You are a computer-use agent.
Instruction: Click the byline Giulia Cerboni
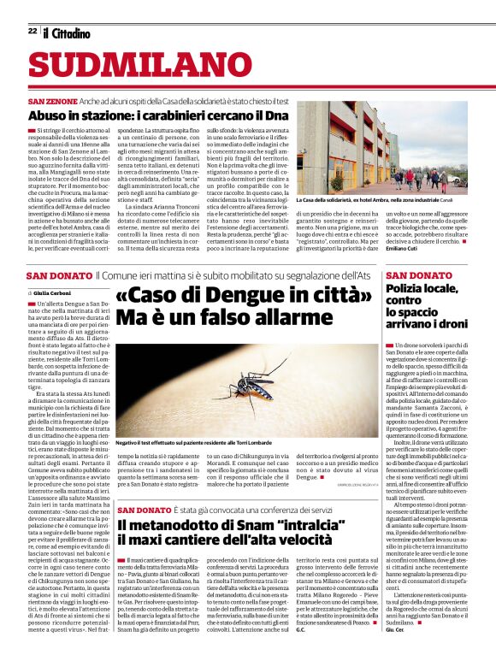point(57,292)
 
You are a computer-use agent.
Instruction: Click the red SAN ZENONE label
point(56,101)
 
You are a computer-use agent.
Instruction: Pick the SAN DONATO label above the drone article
point(418,275)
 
